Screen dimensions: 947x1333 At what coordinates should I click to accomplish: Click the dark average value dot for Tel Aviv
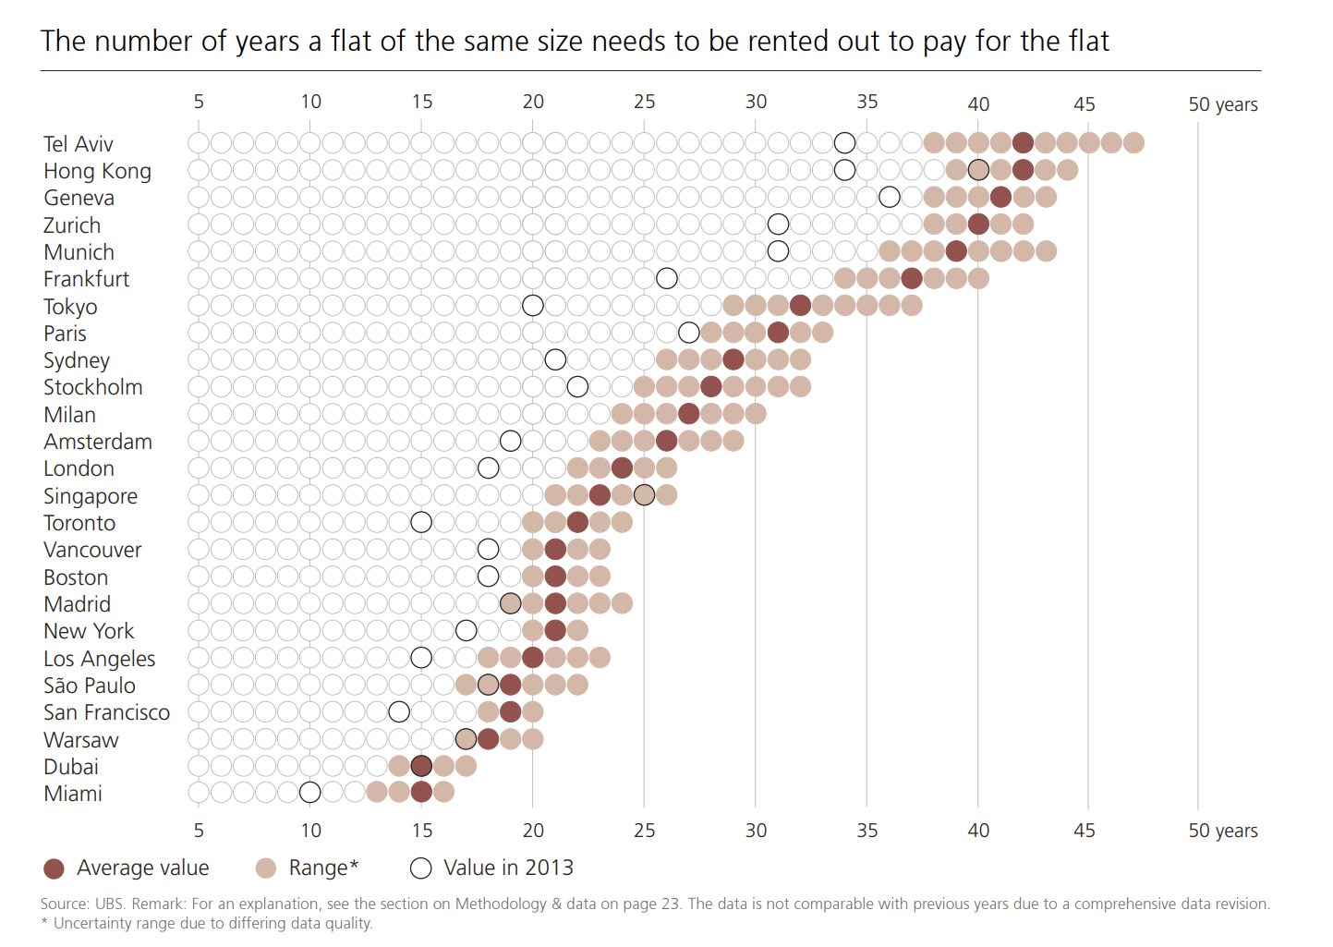(1023, 142)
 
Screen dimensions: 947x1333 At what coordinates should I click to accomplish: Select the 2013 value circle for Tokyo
(533, 306)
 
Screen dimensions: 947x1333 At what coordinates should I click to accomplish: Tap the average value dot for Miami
(421, 792)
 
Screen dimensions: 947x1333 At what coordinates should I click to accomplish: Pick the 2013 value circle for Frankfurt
(667, 278)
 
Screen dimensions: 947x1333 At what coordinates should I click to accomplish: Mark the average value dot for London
(622, 467)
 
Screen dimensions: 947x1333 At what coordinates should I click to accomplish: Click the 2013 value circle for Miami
(310, 792)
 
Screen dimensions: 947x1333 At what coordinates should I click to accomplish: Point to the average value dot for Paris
(778, 333)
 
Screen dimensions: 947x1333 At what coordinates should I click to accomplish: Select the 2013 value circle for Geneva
(890, 197)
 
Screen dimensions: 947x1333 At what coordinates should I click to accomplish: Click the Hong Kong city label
(97, 171)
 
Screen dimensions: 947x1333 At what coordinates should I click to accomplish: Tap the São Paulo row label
(90, 686)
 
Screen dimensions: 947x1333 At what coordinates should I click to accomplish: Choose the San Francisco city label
(106, 712)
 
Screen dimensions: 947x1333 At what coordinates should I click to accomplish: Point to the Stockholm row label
(92, 387)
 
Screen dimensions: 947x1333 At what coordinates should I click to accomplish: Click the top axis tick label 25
(645, 102)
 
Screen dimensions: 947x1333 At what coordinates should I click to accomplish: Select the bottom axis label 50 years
(1223, 831)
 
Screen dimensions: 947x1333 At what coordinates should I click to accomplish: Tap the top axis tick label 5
(199, 102)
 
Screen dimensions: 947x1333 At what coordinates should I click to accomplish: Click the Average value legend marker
(55, 868)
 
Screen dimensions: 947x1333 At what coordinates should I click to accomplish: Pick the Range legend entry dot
(266, 868)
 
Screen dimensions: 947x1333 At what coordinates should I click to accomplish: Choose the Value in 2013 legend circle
(421, 868)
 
